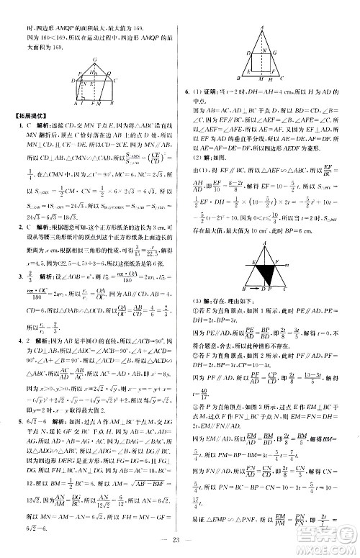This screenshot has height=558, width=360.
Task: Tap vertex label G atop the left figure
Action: [x=86, y=73]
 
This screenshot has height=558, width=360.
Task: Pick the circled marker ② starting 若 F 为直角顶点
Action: [x=194, y=374]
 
